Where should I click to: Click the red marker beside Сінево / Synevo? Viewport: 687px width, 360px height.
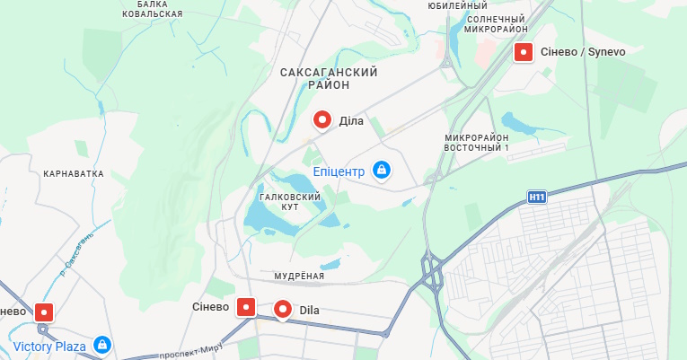click(x=523, y=52)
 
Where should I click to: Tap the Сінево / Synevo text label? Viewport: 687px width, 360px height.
click(x=582, y=52)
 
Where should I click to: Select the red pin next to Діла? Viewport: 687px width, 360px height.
click(x=322, y=120)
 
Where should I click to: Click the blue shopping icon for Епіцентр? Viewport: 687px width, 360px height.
click(x=382, y=170)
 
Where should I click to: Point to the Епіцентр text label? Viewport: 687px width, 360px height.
click(x=339, y=171)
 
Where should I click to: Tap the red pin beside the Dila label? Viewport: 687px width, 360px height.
click(x=283, y=311)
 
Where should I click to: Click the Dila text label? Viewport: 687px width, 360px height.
click(x=310, y=311)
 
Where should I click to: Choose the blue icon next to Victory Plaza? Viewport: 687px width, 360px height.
click(x=102, y=346)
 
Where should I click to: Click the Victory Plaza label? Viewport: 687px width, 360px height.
click(x=50, y=346)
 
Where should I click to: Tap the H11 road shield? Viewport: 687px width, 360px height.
click(x=536, y=197)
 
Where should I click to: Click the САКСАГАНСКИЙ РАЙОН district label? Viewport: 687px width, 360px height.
click(x=328, y=78)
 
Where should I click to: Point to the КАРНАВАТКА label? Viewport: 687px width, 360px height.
click(x=74, y=173)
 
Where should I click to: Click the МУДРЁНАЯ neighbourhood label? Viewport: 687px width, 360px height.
click(x=298, y=276)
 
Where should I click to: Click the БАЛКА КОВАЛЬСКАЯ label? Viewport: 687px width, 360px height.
click(x=153, y=9)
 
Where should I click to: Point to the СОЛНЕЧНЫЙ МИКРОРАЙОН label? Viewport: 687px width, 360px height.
click(x=496, y=23)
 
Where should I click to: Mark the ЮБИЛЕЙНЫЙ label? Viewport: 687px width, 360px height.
click(x=458, y=5)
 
